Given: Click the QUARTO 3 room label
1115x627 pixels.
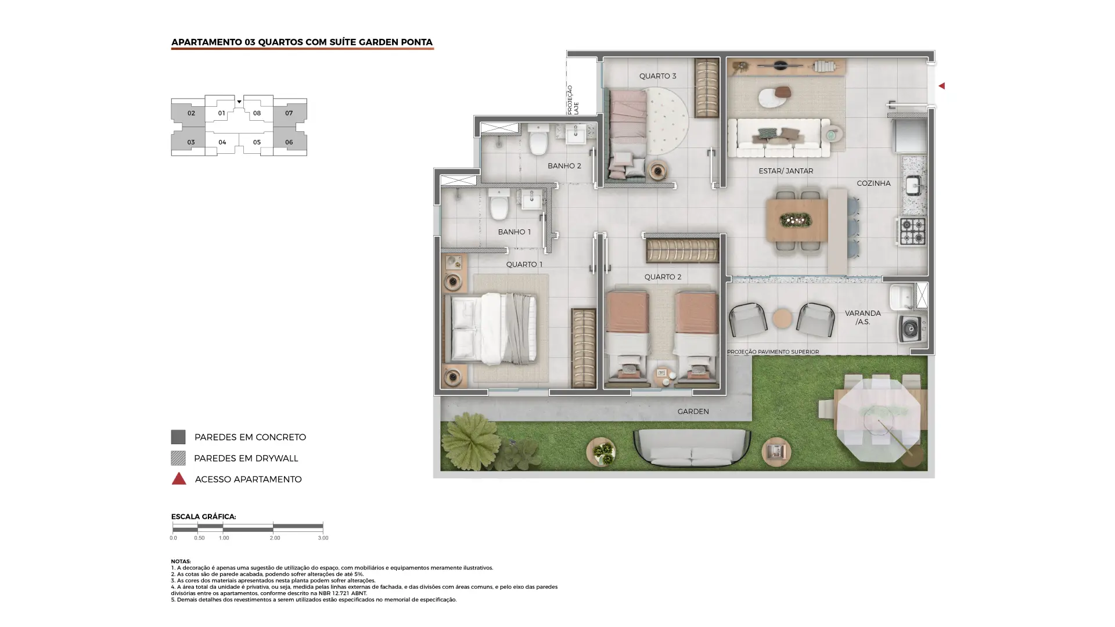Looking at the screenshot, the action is click(x=657, y=76).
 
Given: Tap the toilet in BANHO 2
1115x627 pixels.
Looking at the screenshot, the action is click(x=538, y=140).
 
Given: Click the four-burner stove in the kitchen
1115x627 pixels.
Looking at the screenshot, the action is click(x=912, y=231).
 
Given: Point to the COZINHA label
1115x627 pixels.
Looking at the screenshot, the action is click(x=873, y=183).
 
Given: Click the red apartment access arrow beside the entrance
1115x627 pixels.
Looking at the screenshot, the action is click(x=941, y=86).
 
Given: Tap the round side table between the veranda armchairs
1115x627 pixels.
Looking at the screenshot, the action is click(x=782, y=319).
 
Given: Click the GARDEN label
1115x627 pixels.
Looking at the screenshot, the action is click(x=693, y=412).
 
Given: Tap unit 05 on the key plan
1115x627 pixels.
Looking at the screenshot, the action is click(x=256, y=142).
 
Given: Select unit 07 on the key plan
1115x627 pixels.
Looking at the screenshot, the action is click(x=289, y=113).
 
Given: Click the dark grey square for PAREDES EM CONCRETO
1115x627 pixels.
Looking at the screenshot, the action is click(x=178, y=437).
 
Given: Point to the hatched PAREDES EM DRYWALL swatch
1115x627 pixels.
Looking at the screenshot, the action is click(x=178, y=458).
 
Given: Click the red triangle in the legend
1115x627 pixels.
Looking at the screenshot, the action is click(x=179, y=478).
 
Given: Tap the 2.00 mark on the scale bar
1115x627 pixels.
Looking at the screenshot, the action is click(x=275, y=538).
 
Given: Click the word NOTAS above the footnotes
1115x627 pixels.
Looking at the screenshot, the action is click(x=181, y=561).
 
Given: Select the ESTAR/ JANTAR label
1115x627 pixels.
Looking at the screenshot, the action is click(x=786, y=171).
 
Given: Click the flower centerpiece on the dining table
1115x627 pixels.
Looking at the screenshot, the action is click(x=796, y=219).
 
